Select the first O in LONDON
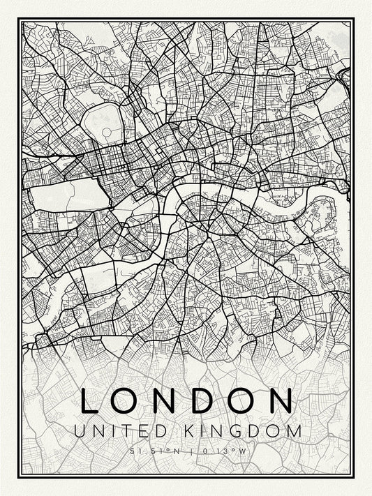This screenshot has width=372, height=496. click(x=125, y=401)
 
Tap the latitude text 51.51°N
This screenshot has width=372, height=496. click(x=154, y=451)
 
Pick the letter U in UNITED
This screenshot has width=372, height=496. click(x=77, y=433)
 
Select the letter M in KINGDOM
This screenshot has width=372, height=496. click(x=295, y=433)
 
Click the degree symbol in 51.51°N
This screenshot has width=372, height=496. click(x=170, y=450)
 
